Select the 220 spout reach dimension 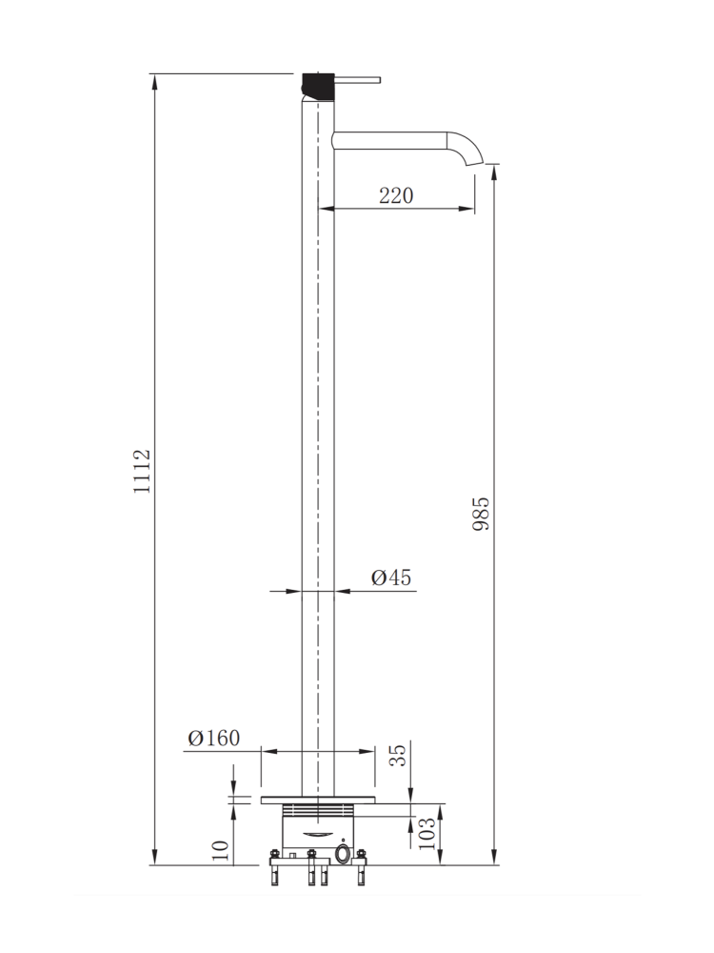tap(396, 195)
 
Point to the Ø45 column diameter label tap(390, 577)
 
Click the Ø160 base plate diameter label tap(214, 738)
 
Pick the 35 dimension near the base tap(398, 756)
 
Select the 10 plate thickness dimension tap(220, 851)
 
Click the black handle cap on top tap(317, 86)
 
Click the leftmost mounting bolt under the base tap(275, 870)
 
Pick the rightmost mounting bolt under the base tap(361, 870)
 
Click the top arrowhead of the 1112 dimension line tap(154, 80)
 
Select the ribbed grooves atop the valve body tap(318, 811)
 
